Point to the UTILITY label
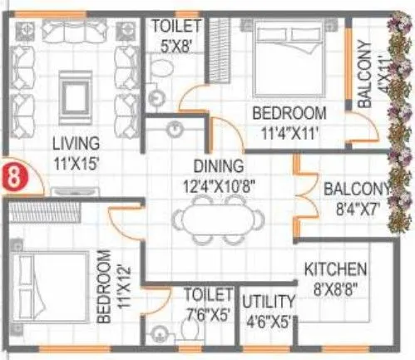267,300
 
